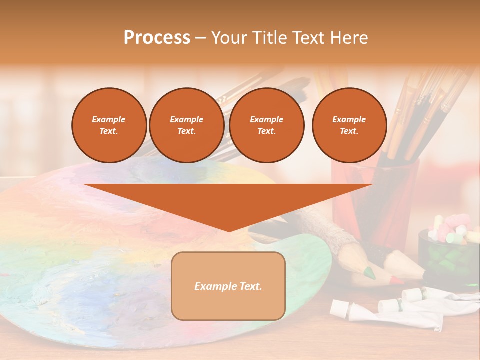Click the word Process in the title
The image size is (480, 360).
pyautogui.click(x=157, y=37)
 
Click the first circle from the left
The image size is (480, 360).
pyautogui.click(x=109, y=125)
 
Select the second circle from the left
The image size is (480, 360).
pyautogui.click(x=186, y=125)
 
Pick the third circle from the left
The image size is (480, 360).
pyautogui.click(x=266, y=125)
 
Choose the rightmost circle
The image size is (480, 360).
pyautogui.click(x=349, y=125)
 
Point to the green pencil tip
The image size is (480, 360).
pyautogui.click(x=369, y=273)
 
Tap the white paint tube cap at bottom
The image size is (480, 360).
pyautogui.click(x=338, y=307)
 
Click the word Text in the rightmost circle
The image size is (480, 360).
pyautogui.click(x=349, y=131)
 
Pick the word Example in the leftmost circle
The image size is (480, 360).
pyautogui.click(x=109, y=119)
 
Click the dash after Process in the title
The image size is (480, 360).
pyautogui.click(x=201, y=38)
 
